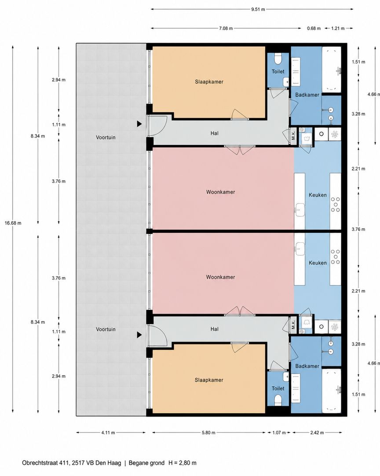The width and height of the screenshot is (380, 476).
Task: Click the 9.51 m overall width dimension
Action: [x=258, y=9]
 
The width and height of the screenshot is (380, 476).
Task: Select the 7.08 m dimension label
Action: [x=226, y=29]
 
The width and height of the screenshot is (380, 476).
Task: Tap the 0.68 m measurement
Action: [x=314, y=29]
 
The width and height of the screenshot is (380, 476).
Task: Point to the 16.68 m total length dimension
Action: [x=13, y=223]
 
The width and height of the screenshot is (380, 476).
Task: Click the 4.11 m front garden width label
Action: [x=108, y=433]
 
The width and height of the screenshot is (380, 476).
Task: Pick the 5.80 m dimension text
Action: [x=208, y=433]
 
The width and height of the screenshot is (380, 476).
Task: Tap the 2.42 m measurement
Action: [x=317, y=433]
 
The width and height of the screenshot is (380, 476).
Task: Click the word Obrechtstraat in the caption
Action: [x=41, y=463]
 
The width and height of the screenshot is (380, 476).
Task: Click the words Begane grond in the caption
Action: [x=146, y=463]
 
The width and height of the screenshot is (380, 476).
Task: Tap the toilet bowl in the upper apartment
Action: [x=278, y=57]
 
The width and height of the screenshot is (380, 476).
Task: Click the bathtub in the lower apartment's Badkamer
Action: [x=332, y=390]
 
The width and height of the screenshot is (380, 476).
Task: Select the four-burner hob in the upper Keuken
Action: [x=335, y=205]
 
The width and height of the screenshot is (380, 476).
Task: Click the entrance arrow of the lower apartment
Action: [x=139, y=335]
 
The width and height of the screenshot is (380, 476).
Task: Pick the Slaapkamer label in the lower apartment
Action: [x=209, y=380]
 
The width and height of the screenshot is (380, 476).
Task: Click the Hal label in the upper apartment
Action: [x=214, y=133]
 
